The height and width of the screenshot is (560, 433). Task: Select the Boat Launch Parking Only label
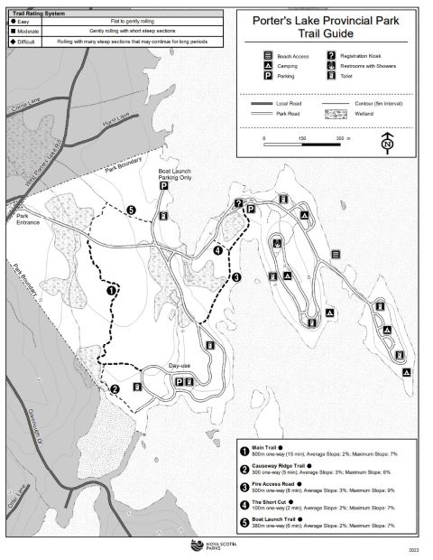174,174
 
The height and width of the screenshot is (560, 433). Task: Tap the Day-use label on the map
180,365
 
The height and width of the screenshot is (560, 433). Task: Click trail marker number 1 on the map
112,291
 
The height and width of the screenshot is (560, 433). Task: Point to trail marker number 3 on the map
235,278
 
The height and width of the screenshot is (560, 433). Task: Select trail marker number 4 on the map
217,250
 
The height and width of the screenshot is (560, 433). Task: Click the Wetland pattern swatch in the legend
335,116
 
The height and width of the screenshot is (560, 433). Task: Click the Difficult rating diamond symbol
8,41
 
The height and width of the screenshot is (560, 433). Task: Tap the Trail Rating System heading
37,13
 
